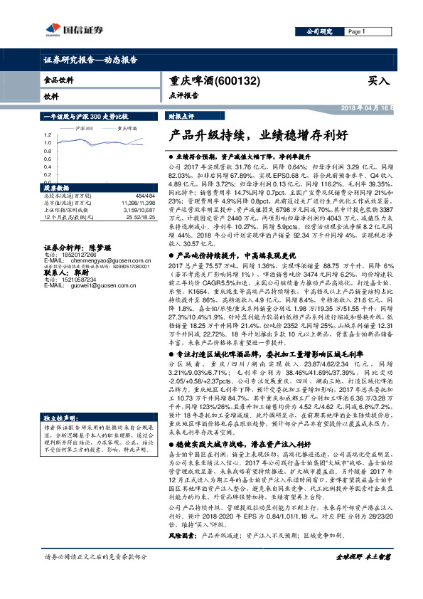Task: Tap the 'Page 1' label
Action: pos(355,32)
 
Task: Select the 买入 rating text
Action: pos(378,81)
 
